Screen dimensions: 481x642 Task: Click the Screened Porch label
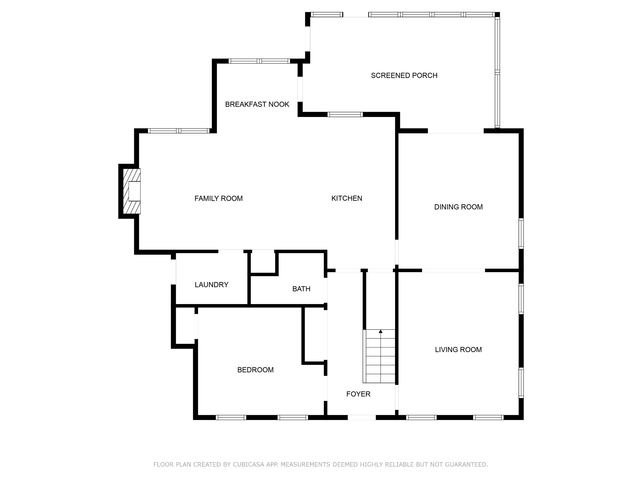(404, 75)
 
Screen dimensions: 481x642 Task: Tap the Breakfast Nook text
(257, 104)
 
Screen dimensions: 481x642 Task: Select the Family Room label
(218, 199)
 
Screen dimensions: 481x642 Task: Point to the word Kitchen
(347, 198)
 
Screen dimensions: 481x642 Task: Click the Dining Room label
(458, 207)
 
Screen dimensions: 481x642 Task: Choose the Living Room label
(458, 350)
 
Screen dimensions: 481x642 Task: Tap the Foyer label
(358, 394)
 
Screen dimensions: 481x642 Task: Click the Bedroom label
(255, 370)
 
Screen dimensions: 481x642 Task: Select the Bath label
(301, 289)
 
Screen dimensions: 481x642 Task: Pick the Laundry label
(212, 285)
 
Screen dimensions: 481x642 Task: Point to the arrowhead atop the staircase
(381, 331)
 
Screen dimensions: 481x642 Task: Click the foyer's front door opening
(362, 417)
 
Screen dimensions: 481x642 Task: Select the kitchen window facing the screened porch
(345, 114)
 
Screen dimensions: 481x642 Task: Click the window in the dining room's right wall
(521, 234)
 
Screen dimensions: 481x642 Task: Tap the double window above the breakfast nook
(259, 61)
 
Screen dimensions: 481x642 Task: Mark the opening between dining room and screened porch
(456, 131)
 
